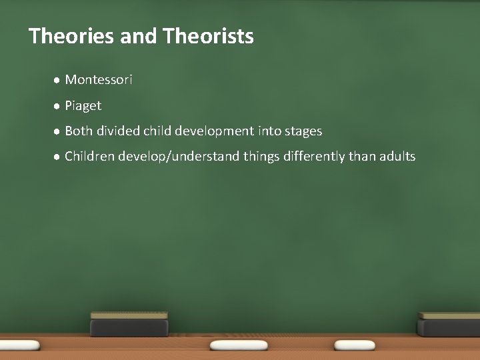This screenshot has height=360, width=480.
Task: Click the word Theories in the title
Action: point(72,35)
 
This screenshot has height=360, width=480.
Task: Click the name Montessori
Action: point(99,80)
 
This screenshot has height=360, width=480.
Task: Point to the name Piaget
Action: point(83,106)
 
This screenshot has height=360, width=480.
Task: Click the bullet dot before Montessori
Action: point(57,80)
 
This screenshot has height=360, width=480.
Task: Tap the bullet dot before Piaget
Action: point(57,106)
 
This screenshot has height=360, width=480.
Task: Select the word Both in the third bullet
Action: point(79,131)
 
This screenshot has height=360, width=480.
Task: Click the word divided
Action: point(118,131)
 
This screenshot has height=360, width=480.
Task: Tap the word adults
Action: point(397,157)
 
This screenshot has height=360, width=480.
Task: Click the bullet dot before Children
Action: point(57,157)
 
